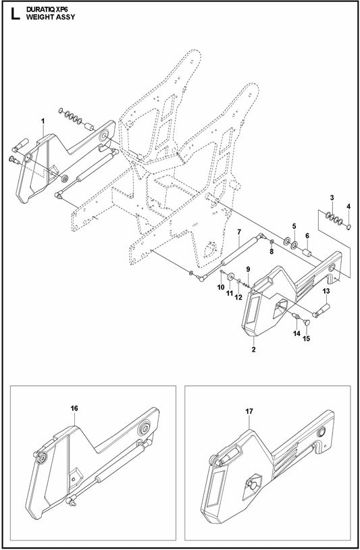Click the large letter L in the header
coord(11,13)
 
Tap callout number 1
coord(43,121)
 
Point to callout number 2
coord(253,350)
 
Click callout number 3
coord(331,196)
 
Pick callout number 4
coord(349,206)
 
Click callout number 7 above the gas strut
coord(239,232)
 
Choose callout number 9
coord(248,269)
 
